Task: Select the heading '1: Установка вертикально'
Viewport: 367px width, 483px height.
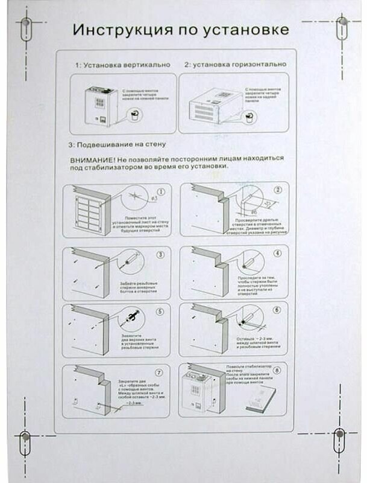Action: click(x=122, y=64)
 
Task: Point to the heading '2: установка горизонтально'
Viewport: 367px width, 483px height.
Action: click(x=234, y=64)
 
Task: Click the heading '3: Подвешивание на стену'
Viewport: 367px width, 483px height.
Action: click(x=117, y=145)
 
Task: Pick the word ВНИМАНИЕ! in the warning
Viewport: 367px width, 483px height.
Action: click(x=97, y=159)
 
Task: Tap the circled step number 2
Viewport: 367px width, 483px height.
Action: click(x=278, y=190)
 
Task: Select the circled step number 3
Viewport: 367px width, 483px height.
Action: click(x=160, y=254)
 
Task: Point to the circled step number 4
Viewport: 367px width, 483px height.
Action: click(x=277, y=254)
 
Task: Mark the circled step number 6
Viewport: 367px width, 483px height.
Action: click(x=277, y=310)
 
